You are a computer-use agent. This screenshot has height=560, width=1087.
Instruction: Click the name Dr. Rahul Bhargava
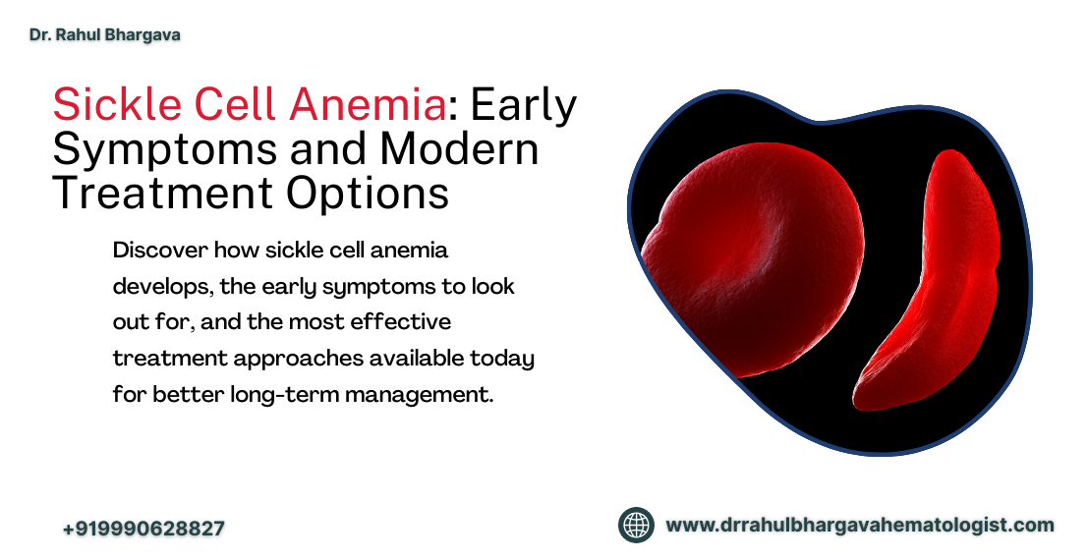[105, 34]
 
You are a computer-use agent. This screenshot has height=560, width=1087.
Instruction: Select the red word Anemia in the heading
[368, 105]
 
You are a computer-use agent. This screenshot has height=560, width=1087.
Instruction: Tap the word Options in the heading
[368, 195]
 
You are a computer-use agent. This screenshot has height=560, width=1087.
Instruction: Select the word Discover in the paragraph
[160, 250]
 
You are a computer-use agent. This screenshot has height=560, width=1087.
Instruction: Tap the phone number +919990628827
[143, 529]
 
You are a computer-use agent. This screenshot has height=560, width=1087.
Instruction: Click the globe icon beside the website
[637, 525]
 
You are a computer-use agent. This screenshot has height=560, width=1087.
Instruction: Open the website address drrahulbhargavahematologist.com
[860, 526]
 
